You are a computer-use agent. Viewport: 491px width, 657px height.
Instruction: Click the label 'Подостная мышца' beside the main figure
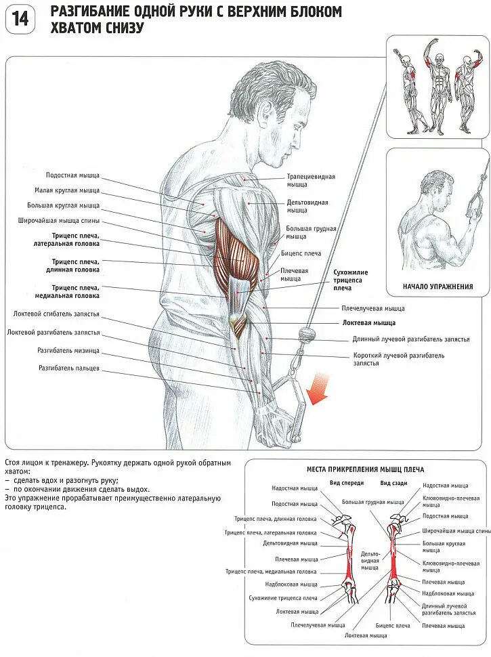[x=72, y=175]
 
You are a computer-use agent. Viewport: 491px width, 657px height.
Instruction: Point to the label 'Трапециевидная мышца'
[x=311, y=180]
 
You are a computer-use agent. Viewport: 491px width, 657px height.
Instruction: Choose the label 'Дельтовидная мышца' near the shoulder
[x=307, y=206]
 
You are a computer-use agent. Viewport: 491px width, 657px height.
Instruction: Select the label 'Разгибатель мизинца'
[x=68, y=350]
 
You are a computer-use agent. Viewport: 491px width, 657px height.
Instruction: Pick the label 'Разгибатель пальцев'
[x=69, y=368]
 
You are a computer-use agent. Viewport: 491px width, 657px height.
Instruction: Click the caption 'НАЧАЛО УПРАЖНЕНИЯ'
[x=437, y=287]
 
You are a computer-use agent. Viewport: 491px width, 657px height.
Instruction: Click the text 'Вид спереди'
[x=347, y=483]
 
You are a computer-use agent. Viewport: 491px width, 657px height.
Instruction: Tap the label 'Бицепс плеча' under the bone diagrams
[x=393, y=626]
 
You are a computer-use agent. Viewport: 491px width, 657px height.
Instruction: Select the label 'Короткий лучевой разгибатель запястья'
[x=398, y=359]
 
